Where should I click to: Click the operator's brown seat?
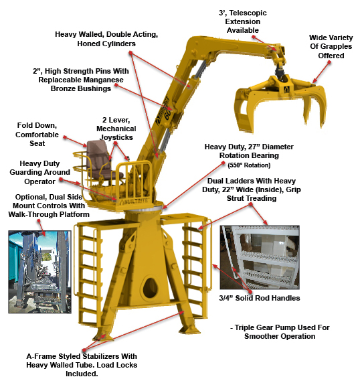(99, 161)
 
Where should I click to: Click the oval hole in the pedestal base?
(151, 288)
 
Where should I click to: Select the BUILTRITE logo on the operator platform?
(134, 202)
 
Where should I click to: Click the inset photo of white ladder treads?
(260, 258)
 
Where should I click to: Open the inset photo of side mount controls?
(40, 272)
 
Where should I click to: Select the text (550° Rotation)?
(249, 165)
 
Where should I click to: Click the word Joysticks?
(116, 137)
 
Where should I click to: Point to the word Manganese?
(104, 80)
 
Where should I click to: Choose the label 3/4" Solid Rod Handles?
(260, 298)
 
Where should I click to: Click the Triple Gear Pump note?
(280, 332)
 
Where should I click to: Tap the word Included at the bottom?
(82, 374)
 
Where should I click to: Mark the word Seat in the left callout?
(37, 143)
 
